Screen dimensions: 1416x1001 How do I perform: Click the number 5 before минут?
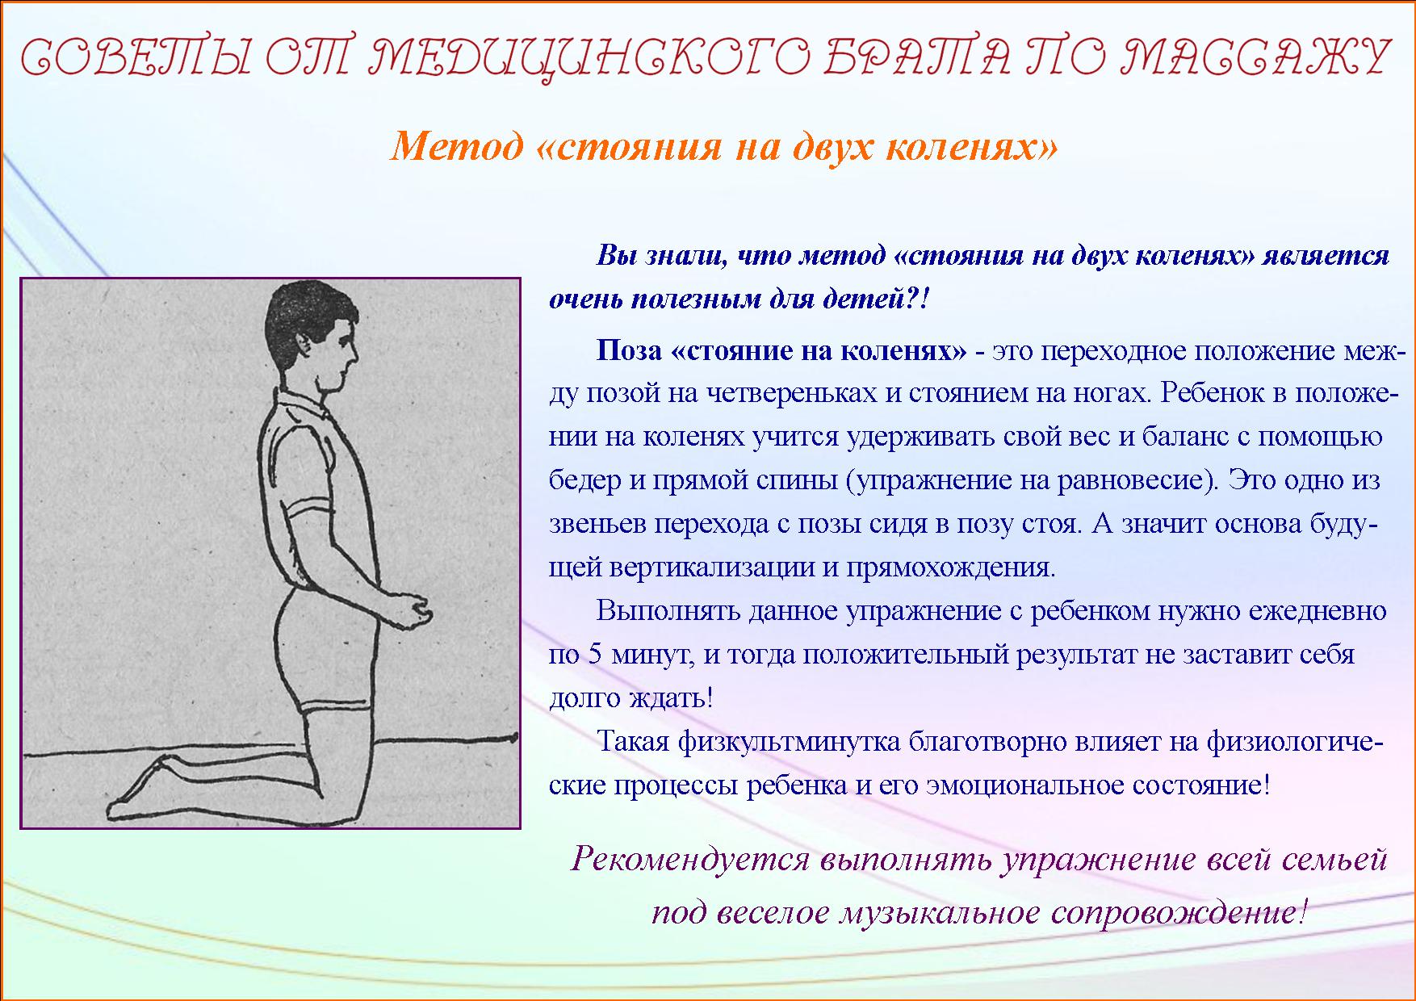click(x=597, y=654)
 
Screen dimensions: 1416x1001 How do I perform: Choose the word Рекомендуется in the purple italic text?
click(x=690, y=861)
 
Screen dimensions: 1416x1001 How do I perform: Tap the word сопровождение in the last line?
click(x=1179, y=913)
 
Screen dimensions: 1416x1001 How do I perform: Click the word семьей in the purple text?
click(x=1331, y=859)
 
